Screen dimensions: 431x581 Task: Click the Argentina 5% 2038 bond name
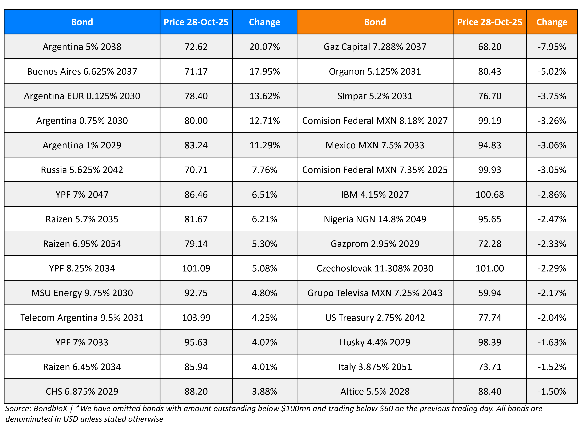pyautogui.click(x=82, y=47)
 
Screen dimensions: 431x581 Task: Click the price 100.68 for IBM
pyautogui.click(x=489, y=194)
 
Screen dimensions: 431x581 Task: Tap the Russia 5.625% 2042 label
pyautogui.click(x=82, y=170)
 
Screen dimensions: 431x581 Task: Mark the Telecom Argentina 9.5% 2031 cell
pyautogui.click(x=82, y=317)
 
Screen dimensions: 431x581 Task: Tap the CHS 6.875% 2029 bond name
pyautogui.click(x=82, y=391)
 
